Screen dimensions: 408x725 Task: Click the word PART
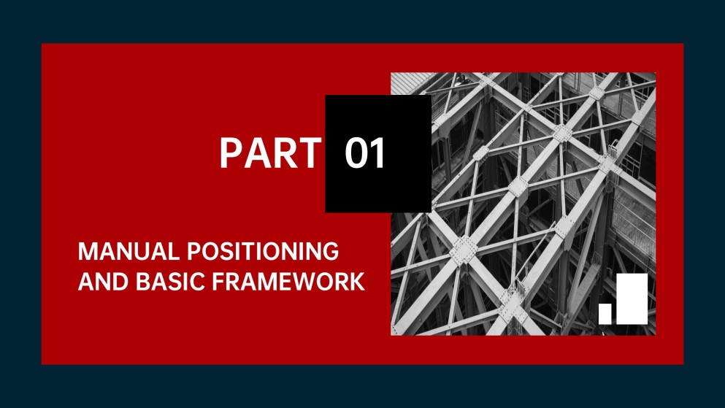(269, 154)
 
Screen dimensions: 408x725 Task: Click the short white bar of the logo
(605, 313)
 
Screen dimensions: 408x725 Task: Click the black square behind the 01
(377, 117)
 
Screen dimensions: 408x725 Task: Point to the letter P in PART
(231, 154)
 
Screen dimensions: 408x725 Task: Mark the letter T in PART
(308, 154)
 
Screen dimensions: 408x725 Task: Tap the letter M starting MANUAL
(88, 252)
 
